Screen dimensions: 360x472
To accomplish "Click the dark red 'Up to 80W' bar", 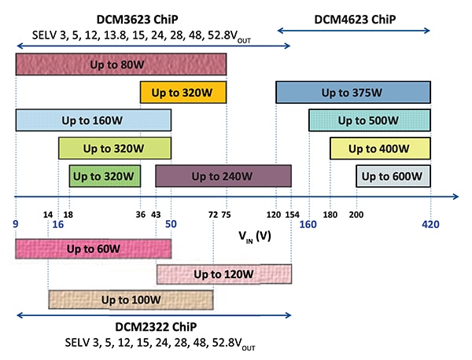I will pyautogui.click(x=121, y=64).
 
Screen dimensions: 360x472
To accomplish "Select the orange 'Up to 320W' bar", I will pyautogui.click(x=183, y=93).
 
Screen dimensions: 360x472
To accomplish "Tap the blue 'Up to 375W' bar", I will pyautogui.click(x=352, y=92).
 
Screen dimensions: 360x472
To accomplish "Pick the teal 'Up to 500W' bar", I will pyautogui.click(x=370, y=120).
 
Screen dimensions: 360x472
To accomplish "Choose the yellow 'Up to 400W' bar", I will pyautogui.click(x=380, y=149).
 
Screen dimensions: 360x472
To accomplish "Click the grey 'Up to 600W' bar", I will pyautogui.click(x=393, y=176).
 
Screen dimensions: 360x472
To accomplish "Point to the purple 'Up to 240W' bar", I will pyautogui.click(x=223, y=176).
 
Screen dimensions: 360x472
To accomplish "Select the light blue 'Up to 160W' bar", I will pyautogui.click(x=93, y=120).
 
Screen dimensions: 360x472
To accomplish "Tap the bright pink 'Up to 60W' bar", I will pyautogui.click(x=93, y=248).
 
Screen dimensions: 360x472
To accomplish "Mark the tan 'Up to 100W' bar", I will pyautogui.click(x=131, y=300).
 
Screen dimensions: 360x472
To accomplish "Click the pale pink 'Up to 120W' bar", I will pyautogui.click(x=224, y=274).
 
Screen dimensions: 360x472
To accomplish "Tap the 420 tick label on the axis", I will pyautogui.click(x=430, y=224).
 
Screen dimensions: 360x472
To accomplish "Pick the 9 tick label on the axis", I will pyautogui.click(x=16, y=224).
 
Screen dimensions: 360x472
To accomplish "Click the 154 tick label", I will pyautogui.click(x=292, y=214).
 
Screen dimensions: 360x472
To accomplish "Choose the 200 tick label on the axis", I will pyautogui.click(x=356, y=214).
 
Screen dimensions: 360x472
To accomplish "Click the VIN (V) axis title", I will pyautogui.click(x=255, y=236).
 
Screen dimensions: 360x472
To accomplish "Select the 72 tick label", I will pyautogui.click(x=213, y=214).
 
